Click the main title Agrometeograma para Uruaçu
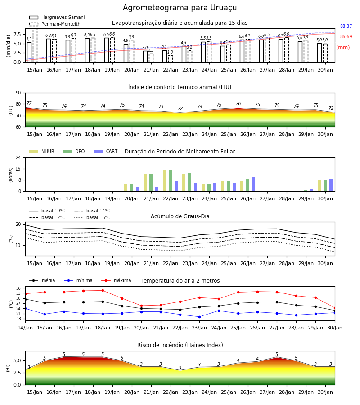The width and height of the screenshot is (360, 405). (x=180, y=8)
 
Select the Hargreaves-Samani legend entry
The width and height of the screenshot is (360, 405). (x=57, y=17)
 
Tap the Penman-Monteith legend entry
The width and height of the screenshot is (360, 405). (x=55, y=24)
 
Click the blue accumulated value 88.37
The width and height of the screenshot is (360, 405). (x=346, y=26)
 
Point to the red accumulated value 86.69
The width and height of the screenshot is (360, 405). (x=346, y=36)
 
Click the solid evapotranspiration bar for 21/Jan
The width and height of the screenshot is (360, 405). (x=145, y=57)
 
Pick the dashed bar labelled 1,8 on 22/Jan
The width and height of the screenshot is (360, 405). (x=171, y=59)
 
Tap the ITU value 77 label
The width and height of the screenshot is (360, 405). (x=29, y=103)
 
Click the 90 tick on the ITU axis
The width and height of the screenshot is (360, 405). (x=18, y=93)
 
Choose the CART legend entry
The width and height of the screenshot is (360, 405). (x=106, y=151)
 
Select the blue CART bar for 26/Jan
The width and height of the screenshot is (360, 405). (x=254, y=184)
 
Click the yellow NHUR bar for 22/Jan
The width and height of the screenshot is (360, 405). (x=165, y=181)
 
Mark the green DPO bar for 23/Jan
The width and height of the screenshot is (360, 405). (x=189, y=182)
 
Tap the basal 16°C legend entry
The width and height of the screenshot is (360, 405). (x=92, y=217)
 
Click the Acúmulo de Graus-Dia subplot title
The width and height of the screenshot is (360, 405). (x=180, y=216)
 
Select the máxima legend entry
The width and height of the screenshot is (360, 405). (x=116, y=280)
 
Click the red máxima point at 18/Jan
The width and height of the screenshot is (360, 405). (x=103, y=290)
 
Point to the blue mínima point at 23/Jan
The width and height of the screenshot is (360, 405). (x=200, y=317)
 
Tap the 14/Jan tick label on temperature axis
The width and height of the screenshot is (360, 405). (x=25, y=328)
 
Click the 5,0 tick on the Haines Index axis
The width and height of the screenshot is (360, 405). (x=17, y=360)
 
